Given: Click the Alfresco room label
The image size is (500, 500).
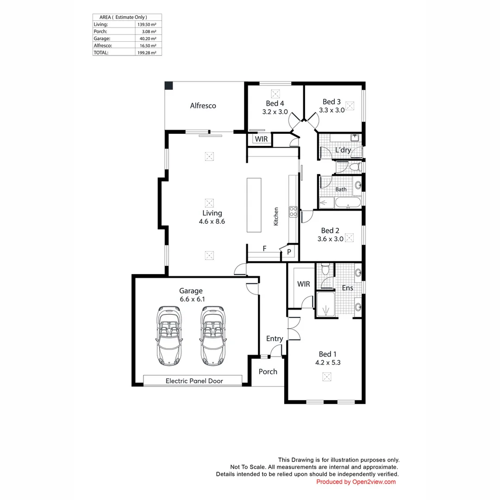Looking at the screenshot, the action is (203, 106).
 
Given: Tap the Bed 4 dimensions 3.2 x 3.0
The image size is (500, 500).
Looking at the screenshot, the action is (275, 112).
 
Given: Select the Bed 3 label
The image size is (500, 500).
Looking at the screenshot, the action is (331, 102).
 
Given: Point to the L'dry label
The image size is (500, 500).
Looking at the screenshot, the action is (343, 150).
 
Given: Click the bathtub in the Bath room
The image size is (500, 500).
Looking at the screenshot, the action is (348, 203).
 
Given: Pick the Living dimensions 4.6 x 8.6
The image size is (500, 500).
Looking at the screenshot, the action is (212, 221).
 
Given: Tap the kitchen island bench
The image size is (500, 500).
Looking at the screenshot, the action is (254, 205).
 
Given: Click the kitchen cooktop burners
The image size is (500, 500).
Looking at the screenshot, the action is (294, 212).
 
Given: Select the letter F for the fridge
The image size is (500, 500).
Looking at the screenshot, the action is (264, 249).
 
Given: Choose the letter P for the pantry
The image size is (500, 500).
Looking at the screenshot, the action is (289, 252).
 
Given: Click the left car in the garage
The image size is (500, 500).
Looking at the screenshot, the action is (169, 336).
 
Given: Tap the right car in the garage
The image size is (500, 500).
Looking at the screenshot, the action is (213, 336).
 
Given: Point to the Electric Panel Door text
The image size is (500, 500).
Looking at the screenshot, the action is (194, 381).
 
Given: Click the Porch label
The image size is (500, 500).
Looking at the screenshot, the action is (268, 371).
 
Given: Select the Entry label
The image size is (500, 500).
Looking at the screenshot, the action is (275, 338).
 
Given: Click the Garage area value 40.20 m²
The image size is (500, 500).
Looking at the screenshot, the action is (148, 38).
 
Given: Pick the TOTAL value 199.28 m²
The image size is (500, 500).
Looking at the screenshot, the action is (147, 53).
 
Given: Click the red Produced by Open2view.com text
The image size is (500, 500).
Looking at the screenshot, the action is (356, 482).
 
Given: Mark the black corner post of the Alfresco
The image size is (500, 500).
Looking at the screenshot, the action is (169, 86).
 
